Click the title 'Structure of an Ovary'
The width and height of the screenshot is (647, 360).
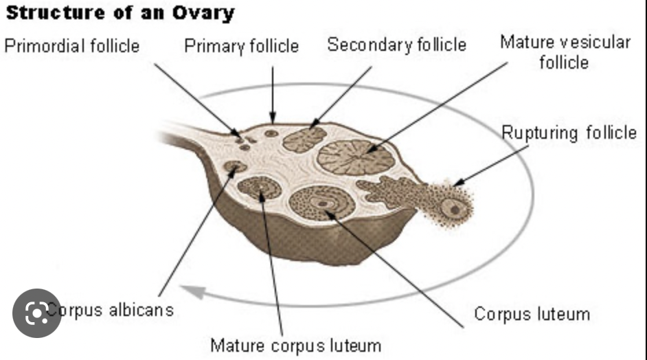pyautogui.click(x=120, y=13)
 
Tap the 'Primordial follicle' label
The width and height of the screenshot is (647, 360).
pyautogui.click(x=72, y=47)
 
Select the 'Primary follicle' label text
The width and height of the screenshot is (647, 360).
pyautogui.click(x=241, y=47)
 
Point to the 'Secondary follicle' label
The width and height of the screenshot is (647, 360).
pyautogui.click(x=396, y=45)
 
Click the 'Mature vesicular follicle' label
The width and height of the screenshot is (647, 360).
pyautogui.click(x=565, y=52)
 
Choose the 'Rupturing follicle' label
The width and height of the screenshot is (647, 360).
pyautogui.click(x=569, y=133)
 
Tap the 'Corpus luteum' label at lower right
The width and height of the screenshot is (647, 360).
pyautogui.click(x=532, y=314)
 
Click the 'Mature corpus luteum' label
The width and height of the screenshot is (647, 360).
pyautogui.click(x=295, y=344)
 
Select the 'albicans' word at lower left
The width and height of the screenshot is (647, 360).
pyautogui.click(x=140, y=309)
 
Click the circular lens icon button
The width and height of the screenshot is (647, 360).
pyautogui.click(x=36, y=313)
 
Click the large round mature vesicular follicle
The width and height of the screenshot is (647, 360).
pyautogui.click(x=356, y=157)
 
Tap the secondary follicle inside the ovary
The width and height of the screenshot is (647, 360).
pyautogui.click(x=304, y=139)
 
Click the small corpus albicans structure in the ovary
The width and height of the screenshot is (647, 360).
pyautogui.click(x=235, y=166)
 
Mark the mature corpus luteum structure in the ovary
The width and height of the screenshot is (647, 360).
pyautogui.click(x=259, y=187)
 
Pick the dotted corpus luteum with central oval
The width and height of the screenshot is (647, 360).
pyautogui.click(x=321, y=203)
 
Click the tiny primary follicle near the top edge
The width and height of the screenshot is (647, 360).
pyautogui.click(x=272, y=133)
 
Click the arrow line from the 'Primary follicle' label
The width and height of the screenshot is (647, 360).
pyautogui.click(x=273, y=93)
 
